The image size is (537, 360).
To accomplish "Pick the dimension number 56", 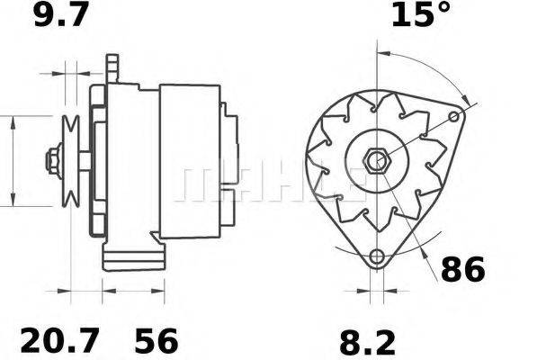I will (x=157, y=341).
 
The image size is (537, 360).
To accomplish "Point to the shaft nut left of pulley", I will (x=51, y=162).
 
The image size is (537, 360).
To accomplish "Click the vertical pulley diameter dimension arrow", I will (x=13, y=162).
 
